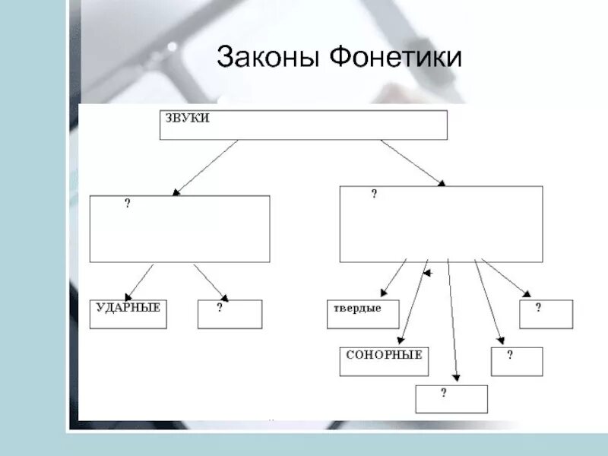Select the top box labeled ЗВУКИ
point(303,125)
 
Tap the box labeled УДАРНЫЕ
point(128,314)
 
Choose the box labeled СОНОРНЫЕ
point(384,361)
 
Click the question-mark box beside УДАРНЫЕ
point(230,314)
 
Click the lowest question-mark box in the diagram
point(451,399)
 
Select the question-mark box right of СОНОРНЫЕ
point(517,361)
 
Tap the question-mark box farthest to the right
point(546,314)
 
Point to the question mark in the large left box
point(128,204)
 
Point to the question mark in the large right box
point(374,195)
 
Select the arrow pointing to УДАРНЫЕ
point(139,282)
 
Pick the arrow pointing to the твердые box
point(394,278)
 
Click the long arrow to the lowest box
point(452,319)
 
